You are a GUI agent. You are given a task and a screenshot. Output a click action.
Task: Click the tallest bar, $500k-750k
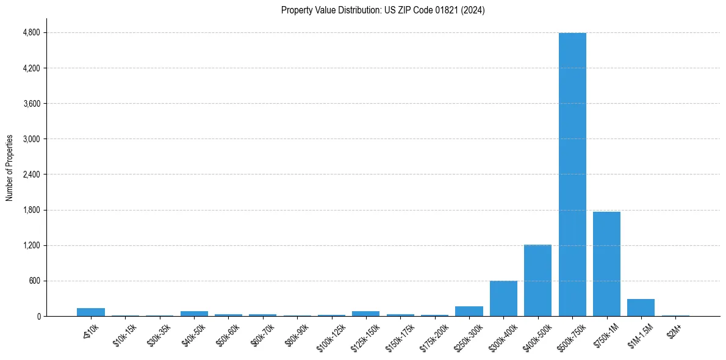[x=572, y=175]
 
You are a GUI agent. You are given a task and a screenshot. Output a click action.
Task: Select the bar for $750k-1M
[x=606, y=264]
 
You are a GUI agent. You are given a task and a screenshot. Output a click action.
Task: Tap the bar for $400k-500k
[x=537, y=280]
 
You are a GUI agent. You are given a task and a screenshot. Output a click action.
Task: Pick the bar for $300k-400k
[x=503, y=298]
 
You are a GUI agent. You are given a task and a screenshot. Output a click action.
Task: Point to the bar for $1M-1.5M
[x=641, y=308]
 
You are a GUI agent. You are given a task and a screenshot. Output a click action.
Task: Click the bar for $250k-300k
[x=469, y=311]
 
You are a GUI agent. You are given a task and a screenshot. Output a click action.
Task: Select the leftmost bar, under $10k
[x=91, y=312]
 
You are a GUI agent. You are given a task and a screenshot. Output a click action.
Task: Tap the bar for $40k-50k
[x=194, y=314]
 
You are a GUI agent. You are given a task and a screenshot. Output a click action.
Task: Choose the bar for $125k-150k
[x=365, y=314]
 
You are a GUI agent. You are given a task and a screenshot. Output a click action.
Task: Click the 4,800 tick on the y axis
[x=31, y=32]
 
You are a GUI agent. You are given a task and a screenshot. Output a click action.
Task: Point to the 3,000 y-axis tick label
[x=31, y=139]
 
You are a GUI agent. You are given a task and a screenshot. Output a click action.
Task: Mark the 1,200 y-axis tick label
[x=31, y=245]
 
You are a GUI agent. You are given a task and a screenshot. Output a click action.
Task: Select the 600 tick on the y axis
[x=34, y=281]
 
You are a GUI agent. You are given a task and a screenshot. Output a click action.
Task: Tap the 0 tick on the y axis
[x=38, y=316]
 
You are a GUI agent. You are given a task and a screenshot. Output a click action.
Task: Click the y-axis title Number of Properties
[x=10, y=167]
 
